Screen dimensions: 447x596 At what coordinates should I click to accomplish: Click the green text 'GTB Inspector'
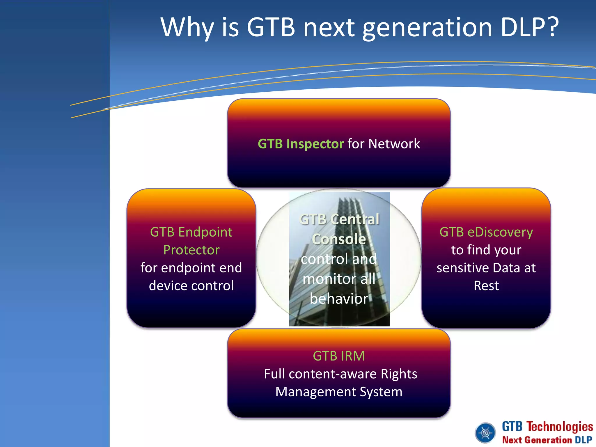[x=301, y=144]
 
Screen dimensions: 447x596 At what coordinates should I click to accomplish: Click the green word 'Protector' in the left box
[x=191, y=250]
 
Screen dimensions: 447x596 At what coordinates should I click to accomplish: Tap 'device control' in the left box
[x=191, y=285]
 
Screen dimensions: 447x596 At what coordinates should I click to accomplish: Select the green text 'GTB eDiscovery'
[x=486, y=232]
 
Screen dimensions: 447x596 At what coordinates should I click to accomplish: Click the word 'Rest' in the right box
[x=486, y=285]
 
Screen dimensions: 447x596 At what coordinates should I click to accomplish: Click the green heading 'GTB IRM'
[x=339, y=356]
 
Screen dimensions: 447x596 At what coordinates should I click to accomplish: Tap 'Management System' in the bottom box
[x=339, y=392]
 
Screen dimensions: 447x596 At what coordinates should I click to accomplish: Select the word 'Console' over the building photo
[x=339, y=239]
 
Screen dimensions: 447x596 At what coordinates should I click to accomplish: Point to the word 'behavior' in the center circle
[x=339, y=299]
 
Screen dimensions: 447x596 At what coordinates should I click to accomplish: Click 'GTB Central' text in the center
[x=339, y=219]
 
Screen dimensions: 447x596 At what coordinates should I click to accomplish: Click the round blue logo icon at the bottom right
[x=485, y=433]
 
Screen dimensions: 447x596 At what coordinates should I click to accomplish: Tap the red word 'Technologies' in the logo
[x=560, y=427]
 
